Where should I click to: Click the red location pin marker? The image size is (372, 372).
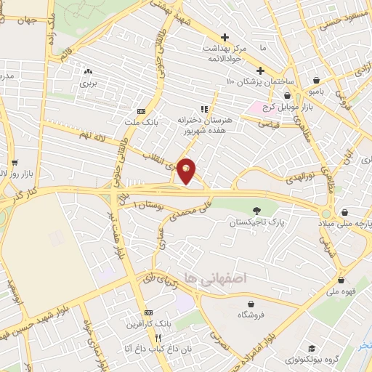186,170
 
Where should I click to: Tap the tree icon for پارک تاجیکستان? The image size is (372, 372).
254,211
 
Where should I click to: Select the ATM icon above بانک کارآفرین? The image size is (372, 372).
148,312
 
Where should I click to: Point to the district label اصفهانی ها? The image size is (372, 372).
216,278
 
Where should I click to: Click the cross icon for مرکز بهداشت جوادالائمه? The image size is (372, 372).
225,37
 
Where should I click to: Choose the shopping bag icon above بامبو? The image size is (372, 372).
317,81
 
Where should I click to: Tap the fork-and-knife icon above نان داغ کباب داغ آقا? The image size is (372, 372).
157,338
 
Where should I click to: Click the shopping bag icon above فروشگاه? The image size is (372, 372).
251,304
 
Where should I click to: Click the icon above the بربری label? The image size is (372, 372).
88,71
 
